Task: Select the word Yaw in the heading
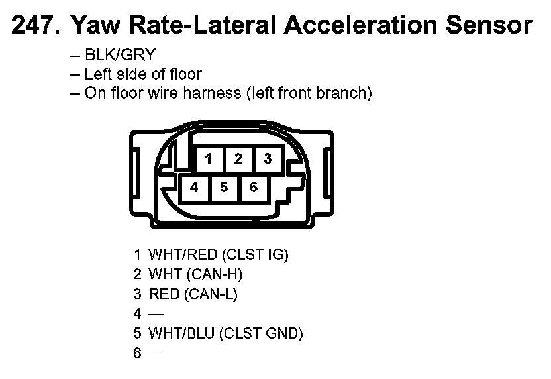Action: (95, 25)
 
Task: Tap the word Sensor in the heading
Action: (489, 25)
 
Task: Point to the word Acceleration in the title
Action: (360, 25)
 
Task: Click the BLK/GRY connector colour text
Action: (120, 55)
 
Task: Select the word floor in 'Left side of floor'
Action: (185, 74)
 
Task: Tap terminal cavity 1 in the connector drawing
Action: (209, 159)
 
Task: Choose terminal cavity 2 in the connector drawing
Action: (238, 159)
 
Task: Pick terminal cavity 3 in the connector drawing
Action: (268, 159)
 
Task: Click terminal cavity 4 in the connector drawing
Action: (194, 188)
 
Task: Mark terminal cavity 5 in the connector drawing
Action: (225, 188)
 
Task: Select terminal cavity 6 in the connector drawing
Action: (254, 188)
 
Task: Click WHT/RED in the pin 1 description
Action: (183, 254)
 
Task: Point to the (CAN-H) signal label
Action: (215, 274)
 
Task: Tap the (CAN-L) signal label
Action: (211, 294)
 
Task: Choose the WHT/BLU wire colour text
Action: (181, 333)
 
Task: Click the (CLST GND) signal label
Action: (261, 333)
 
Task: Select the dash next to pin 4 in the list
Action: (156, 314)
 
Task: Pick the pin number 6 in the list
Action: (137, 353)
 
